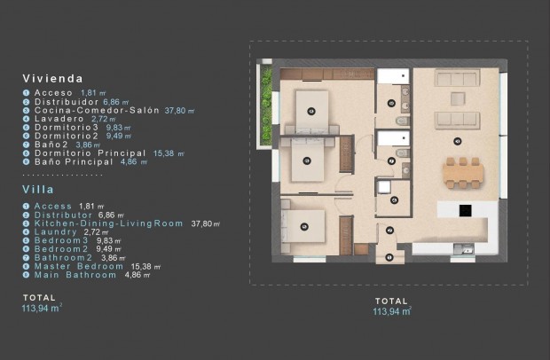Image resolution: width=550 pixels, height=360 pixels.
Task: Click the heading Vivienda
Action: click(52, 78)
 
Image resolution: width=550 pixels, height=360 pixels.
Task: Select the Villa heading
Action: click(39, 189)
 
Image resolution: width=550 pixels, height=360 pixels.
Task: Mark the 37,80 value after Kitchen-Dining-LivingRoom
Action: click(201, 223)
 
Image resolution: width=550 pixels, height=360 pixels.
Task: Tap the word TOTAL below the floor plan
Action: click(391, 301)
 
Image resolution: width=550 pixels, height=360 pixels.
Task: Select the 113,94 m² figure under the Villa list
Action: click(43, 309)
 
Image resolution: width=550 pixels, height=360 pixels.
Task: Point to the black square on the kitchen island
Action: click(465, 210)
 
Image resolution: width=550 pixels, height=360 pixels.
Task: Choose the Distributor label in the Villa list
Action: click(63, 215)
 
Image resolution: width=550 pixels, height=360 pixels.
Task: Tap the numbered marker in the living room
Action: click(458, 141)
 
